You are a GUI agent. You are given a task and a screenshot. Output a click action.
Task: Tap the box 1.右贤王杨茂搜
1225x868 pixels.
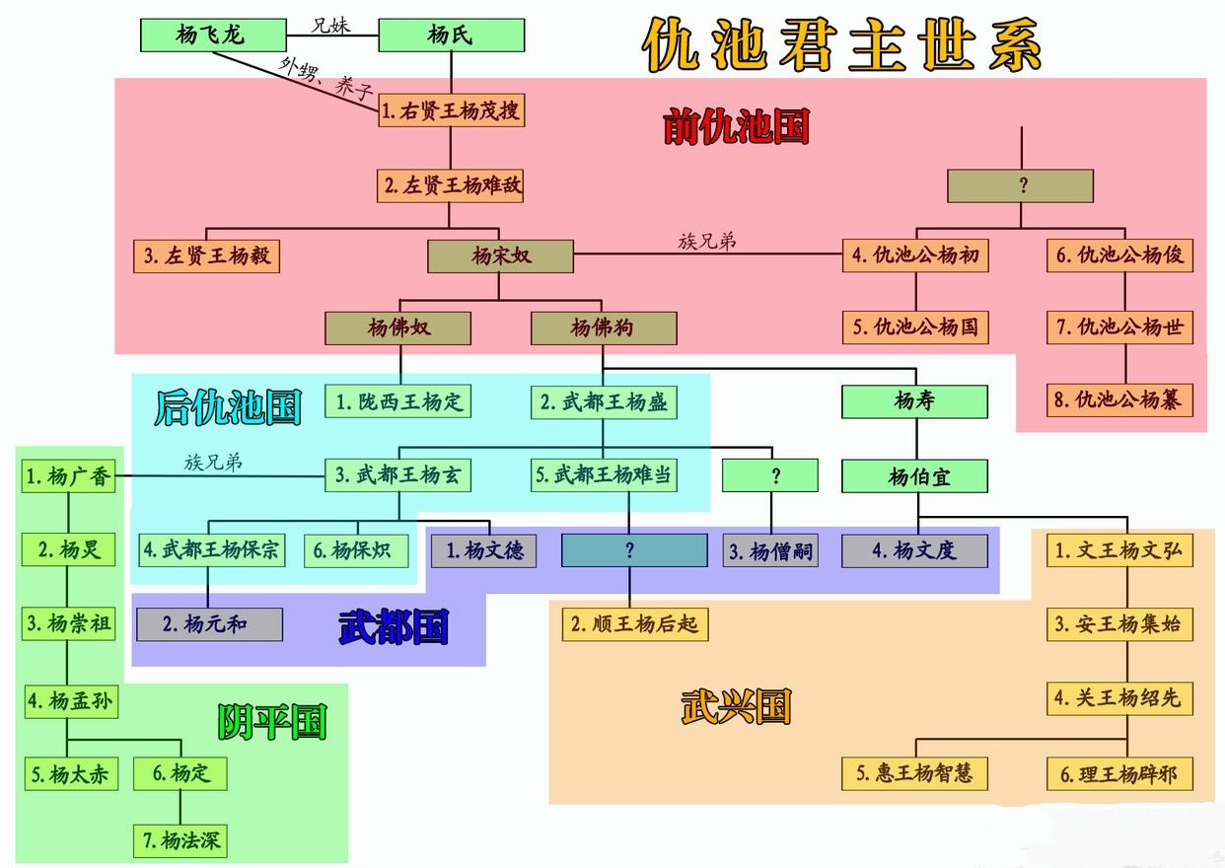[x=451, y=111]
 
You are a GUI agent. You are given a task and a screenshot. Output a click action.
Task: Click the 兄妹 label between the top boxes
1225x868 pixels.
[x=330, y=25]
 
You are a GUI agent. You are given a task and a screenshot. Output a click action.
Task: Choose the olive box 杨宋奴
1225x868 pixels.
[x=500, y=256]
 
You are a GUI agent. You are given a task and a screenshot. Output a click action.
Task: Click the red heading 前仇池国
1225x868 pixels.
[x=736, y=127]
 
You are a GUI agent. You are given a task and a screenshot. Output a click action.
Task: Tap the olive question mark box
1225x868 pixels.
[x=1020, y=185]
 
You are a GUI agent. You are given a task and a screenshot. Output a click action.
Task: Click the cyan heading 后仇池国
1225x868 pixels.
[x=228, y=406]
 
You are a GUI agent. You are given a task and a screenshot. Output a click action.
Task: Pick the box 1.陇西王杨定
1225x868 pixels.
[x=398, y=401]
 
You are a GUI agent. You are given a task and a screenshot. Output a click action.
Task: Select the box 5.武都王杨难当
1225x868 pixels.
[x=604, y=475]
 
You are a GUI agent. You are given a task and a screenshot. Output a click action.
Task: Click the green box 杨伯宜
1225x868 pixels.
[x=914, y=476]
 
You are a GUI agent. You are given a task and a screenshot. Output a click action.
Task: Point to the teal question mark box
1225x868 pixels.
[x=634, y=550]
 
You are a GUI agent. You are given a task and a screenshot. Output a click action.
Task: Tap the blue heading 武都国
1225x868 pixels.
[x=393, y=626]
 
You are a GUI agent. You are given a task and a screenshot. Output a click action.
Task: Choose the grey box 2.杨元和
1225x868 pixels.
[x=209, y=624]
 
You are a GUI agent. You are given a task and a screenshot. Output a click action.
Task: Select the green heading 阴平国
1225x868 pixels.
[x=271, y=723]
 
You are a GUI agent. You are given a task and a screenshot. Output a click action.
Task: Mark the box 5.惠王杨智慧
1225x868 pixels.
[x=914, y=773]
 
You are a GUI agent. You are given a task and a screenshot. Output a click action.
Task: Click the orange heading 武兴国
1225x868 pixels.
[x=736, y=706]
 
